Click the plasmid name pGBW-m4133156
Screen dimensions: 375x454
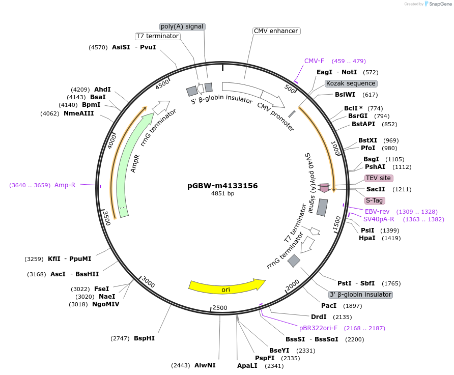click(222, 186)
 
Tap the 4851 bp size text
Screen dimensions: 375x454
click(222, 194)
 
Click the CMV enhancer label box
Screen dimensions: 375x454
click(276, 31)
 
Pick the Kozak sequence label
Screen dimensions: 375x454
click(351, 83)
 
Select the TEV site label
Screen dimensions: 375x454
click(378, 178)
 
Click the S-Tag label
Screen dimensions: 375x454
click(375, 200)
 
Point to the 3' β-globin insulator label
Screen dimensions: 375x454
click(360, 295)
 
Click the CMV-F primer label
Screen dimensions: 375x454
click(314, 61)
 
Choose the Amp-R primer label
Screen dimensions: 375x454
click(65, 185)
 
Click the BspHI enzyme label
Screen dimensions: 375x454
click(144, 338)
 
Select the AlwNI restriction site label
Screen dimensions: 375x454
click(205, 365)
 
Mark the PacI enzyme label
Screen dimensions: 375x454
click(329, 306)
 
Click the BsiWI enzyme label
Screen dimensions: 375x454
click(345, 95)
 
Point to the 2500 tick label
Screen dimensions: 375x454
click(220, 308)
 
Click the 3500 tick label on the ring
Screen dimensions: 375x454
click(106, 217)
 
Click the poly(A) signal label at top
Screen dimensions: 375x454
click(182, 26)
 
